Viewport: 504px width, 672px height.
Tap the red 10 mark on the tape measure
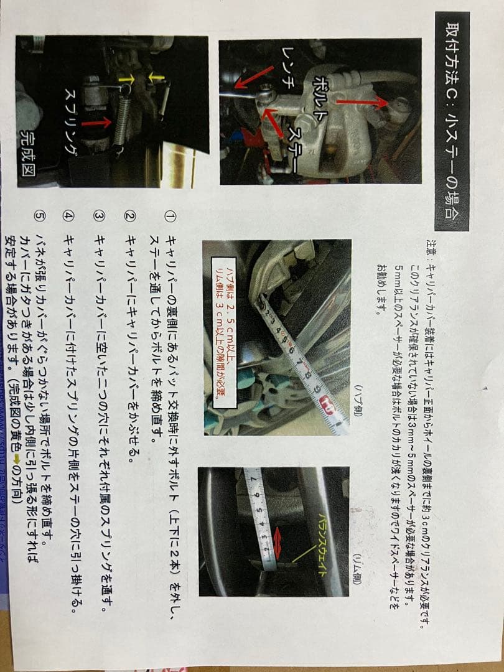[x=325, y=407]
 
